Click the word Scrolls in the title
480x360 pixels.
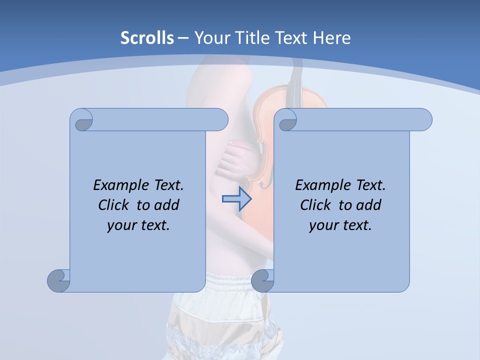(x=147, y=38)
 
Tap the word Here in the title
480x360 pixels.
(x=332, y=38)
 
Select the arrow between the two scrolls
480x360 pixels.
(x=236, y=199)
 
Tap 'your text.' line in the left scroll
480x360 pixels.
(x=138, y=225)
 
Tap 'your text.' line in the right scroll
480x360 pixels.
(x=340, y=225)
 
